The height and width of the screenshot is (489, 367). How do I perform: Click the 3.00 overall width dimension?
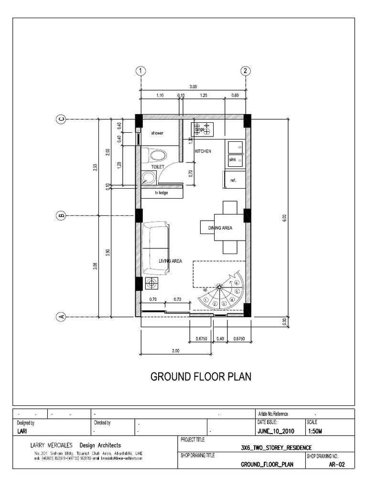(x=193, y=87)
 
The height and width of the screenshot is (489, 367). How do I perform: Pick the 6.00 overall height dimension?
(x=284, y=218)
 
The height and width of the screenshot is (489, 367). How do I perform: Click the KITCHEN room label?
(x=203, y=151)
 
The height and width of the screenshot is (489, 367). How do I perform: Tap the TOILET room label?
(x=157, y=167)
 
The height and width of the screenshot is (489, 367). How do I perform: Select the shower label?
(x=157, y=133)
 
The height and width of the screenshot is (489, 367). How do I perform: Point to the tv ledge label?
(x=161, y=193)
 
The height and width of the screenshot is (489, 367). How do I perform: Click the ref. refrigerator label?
(x=233, y=180)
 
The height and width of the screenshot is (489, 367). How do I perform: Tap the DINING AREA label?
(x=220, y=228)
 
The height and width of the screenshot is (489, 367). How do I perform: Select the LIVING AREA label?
(x=170, y=261)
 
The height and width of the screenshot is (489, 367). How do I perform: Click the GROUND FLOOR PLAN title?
(x=201, y=377)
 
